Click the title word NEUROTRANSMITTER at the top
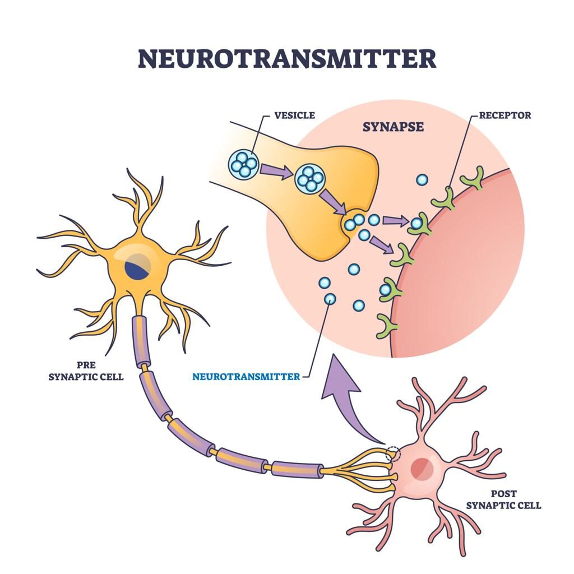(286, 58)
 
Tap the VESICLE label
(294, 115)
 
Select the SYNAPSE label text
(392, 127)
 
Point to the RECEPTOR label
(504, 115)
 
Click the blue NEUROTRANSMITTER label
(246, 377)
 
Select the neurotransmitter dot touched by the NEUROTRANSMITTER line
(330, 299)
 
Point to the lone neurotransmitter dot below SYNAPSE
(422, 180)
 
